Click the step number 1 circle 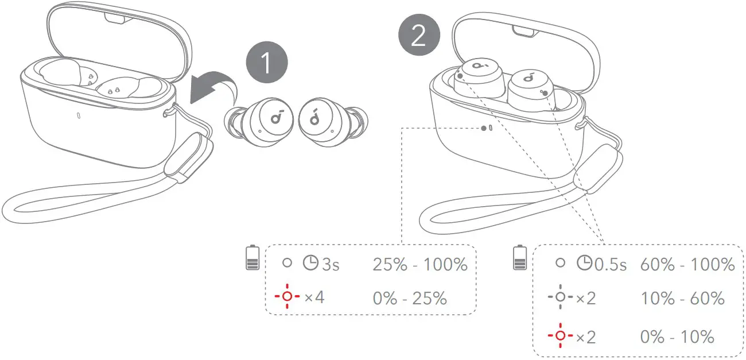coord(266,64)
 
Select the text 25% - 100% coord(419,265)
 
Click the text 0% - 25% coord(409,298)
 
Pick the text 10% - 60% coord(682,299)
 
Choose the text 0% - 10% coord(677,336)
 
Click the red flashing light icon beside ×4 coord(286,297)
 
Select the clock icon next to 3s coord(310,264)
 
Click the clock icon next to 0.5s coord(584,264)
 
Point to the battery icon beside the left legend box coord(251,258)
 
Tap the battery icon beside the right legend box coord(520,258)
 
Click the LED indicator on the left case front coord(77,115)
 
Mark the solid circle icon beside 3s coord(286,264)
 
